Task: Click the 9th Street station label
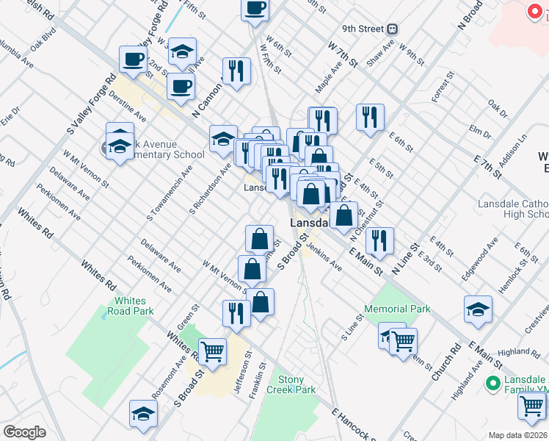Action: (363, 29)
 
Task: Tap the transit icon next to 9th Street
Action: (393, 29)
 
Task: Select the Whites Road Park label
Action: (134, 306)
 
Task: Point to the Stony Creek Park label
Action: (291, 384)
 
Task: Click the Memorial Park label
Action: (398, 309)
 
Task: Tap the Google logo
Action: (25, 431)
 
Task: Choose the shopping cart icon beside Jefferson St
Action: (213, 351)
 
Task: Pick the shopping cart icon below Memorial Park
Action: (403, 340)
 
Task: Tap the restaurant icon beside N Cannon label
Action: (236, 71)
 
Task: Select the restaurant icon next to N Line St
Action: (379, 239)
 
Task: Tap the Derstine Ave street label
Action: (127, 111)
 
